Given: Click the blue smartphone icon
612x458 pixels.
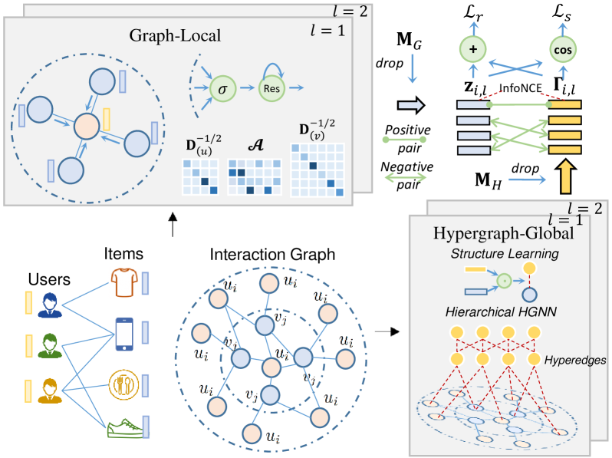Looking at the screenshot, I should pos(123,331).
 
